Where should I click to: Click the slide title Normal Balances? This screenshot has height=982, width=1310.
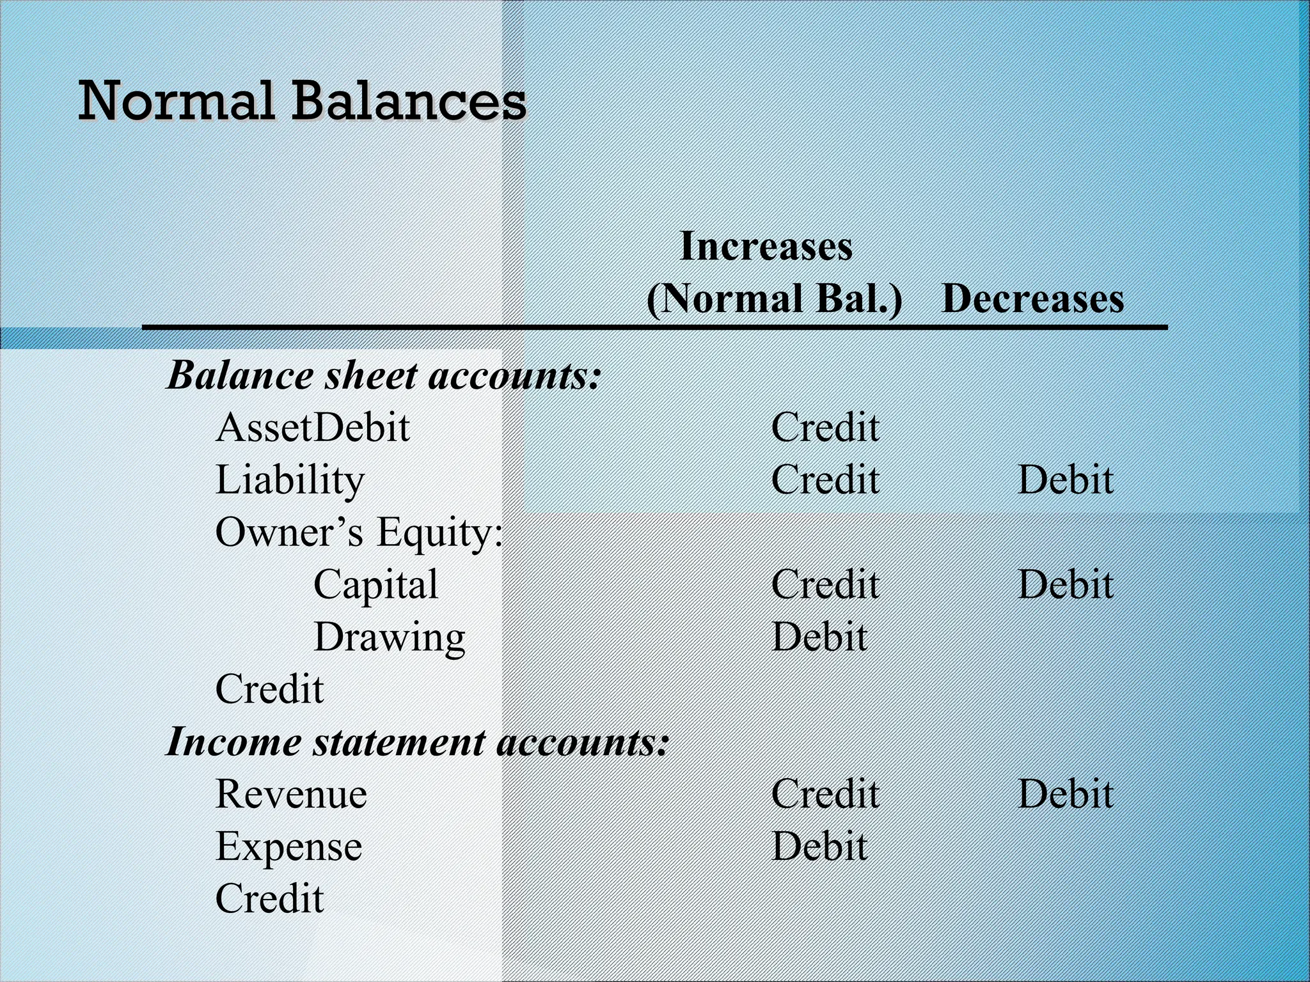click(302, 101)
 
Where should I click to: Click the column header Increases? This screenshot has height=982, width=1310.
click(766, 246)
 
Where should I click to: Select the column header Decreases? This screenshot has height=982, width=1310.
click(1032, 299)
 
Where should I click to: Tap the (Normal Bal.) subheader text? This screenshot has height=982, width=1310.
click(774, 299)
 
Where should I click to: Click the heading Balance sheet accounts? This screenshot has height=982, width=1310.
click(384, 375)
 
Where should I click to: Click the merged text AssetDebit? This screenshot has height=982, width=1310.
click(312, 428)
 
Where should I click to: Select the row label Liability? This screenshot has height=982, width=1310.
click(290, 480)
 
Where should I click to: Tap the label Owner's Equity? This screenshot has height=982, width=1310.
click(359, 533)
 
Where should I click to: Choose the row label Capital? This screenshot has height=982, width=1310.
click(375, 584)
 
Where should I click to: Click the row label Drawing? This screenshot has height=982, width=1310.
click(389, 637)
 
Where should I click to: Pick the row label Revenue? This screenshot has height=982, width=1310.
click(291, 794)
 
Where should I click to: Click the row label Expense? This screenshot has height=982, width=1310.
click(288, 846)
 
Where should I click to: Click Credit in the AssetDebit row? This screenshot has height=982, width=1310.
click(825, 428)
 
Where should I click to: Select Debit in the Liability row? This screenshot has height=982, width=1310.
click(1065, 480)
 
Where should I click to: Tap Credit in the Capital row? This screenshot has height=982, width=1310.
click(825, 584)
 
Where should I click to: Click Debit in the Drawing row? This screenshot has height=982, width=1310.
click(819, 637)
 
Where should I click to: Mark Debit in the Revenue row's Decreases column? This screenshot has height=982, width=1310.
click(1065, 794)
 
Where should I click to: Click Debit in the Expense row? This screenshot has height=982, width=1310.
click(819, 846)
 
